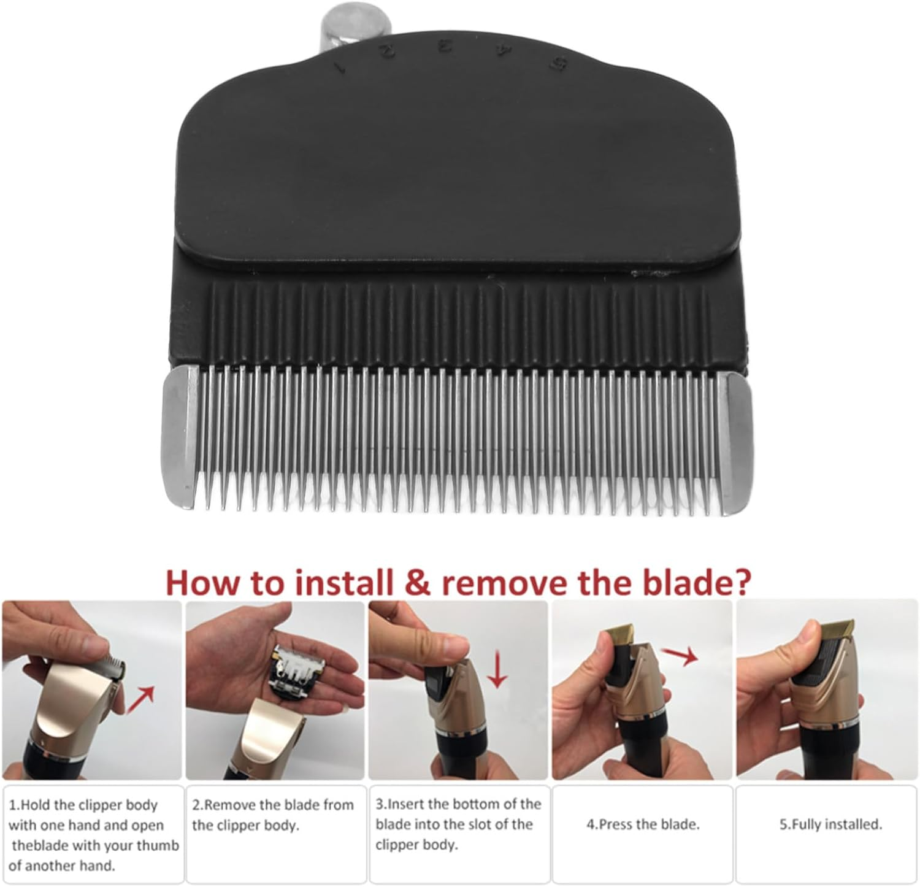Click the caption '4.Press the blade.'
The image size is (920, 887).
[642, 824]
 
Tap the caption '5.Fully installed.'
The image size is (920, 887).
[830, 824]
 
